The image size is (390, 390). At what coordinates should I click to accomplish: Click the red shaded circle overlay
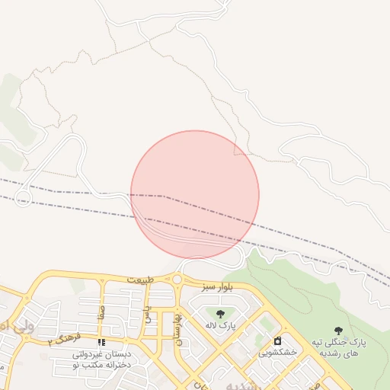click(x=195, y=194)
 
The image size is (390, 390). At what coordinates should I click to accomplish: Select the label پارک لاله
click(x=220, y=325)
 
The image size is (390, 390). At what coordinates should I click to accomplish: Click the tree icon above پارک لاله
click(x=220, y=313)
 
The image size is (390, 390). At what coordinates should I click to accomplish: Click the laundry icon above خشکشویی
click(x=277, y=340)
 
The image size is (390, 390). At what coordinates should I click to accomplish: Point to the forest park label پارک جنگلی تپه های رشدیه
click(x=339, y=348)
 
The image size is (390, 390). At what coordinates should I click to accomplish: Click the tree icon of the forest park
click(x=338, y=331)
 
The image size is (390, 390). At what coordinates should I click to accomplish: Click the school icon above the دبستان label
click(x=101, y=343)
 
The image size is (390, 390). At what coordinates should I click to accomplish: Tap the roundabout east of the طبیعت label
click(x=177, y=280)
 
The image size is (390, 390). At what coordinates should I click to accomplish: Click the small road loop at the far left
click(x=24, y=198)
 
